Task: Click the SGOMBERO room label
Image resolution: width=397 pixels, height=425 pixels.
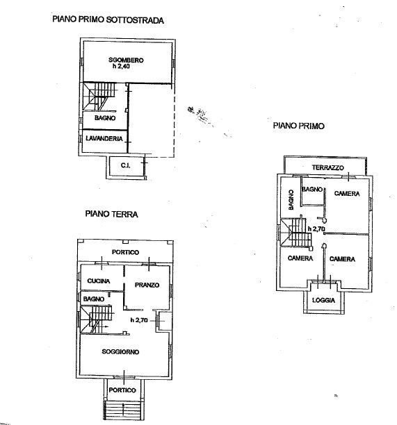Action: [x=126, y=60]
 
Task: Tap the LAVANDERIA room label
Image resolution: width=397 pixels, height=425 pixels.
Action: [x=104, y=138]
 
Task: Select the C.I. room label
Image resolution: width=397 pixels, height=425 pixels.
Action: [x=125, y=165]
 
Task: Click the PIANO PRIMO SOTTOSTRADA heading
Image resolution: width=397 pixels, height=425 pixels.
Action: [x=108, y=19]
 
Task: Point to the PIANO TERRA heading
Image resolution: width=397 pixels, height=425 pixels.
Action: [x=111, y=214]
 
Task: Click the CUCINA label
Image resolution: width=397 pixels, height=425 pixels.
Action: [x=99, y=281]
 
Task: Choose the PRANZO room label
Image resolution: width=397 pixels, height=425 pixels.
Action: [x=147, y=285]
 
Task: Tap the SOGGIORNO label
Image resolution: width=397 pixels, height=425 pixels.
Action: [x=120, y=351]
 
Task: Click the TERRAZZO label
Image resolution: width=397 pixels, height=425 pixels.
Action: [x=327, y=167]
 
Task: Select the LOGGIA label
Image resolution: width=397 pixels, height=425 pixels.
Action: [x=323, y=300]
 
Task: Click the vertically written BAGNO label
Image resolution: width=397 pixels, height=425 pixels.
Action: [x=291, y=200]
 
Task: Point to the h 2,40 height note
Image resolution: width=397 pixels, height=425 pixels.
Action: [x=121, y=67]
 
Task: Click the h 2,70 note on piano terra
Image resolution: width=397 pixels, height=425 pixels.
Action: [x=139, y=320]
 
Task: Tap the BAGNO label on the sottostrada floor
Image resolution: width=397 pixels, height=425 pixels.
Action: [x=105, y=118]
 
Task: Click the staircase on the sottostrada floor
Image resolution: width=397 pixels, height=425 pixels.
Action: [x=99, y=97]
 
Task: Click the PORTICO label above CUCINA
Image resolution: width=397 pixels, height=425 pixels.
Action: [x=125, y=252]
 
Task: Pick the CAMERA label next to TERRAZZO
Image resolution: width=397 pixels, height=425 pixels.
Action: [x=347, y=193]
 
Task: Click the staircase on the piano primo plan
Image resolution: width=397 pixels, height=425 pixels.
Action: [x=296, y=233]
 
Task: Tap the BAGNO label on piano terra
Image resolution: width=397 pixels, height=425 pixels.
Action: [x=94, y=299]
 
